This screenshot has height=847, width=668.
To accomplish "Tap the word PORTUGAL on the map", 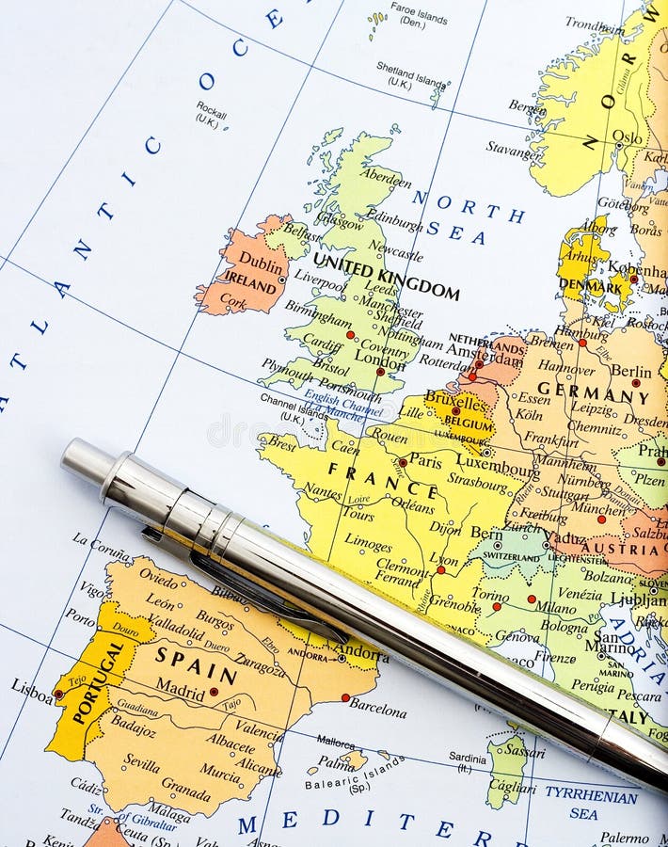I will [97, 681].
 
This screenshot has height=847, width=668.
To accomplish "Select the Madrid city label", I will [180, 688].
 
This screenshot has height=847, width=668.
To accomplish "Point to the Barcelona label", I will [377, 707].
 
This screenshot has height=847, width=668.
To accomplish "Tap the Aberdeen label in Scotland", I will [385, 178].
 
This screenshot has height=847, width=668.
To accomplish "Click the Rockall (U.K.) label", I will [211, 114].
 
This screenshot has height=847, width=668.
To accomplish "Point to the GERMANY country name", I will [593, 392].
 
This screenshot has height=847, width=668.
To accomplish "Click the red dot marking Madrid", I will [215, 692].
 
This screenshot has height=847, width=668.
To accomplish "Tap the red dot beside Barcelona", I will [345, 697].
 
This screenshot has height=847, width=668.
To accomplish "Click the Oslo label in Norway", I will [627, 136].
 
